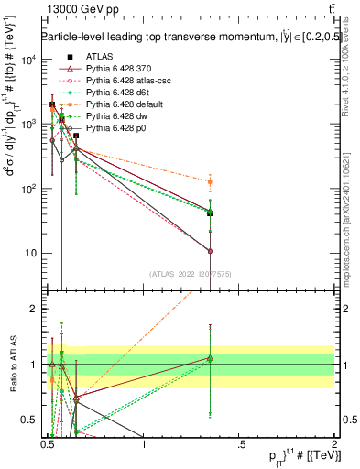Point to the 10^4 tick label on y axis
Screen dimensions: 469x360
coord(27,60)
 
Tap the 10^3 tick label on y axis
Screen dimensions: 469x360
coord(27,124)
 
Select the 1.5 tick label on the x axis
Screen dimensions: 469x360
coord(240,443)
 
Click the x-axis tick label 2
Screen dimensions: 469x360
coord(335,443)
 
